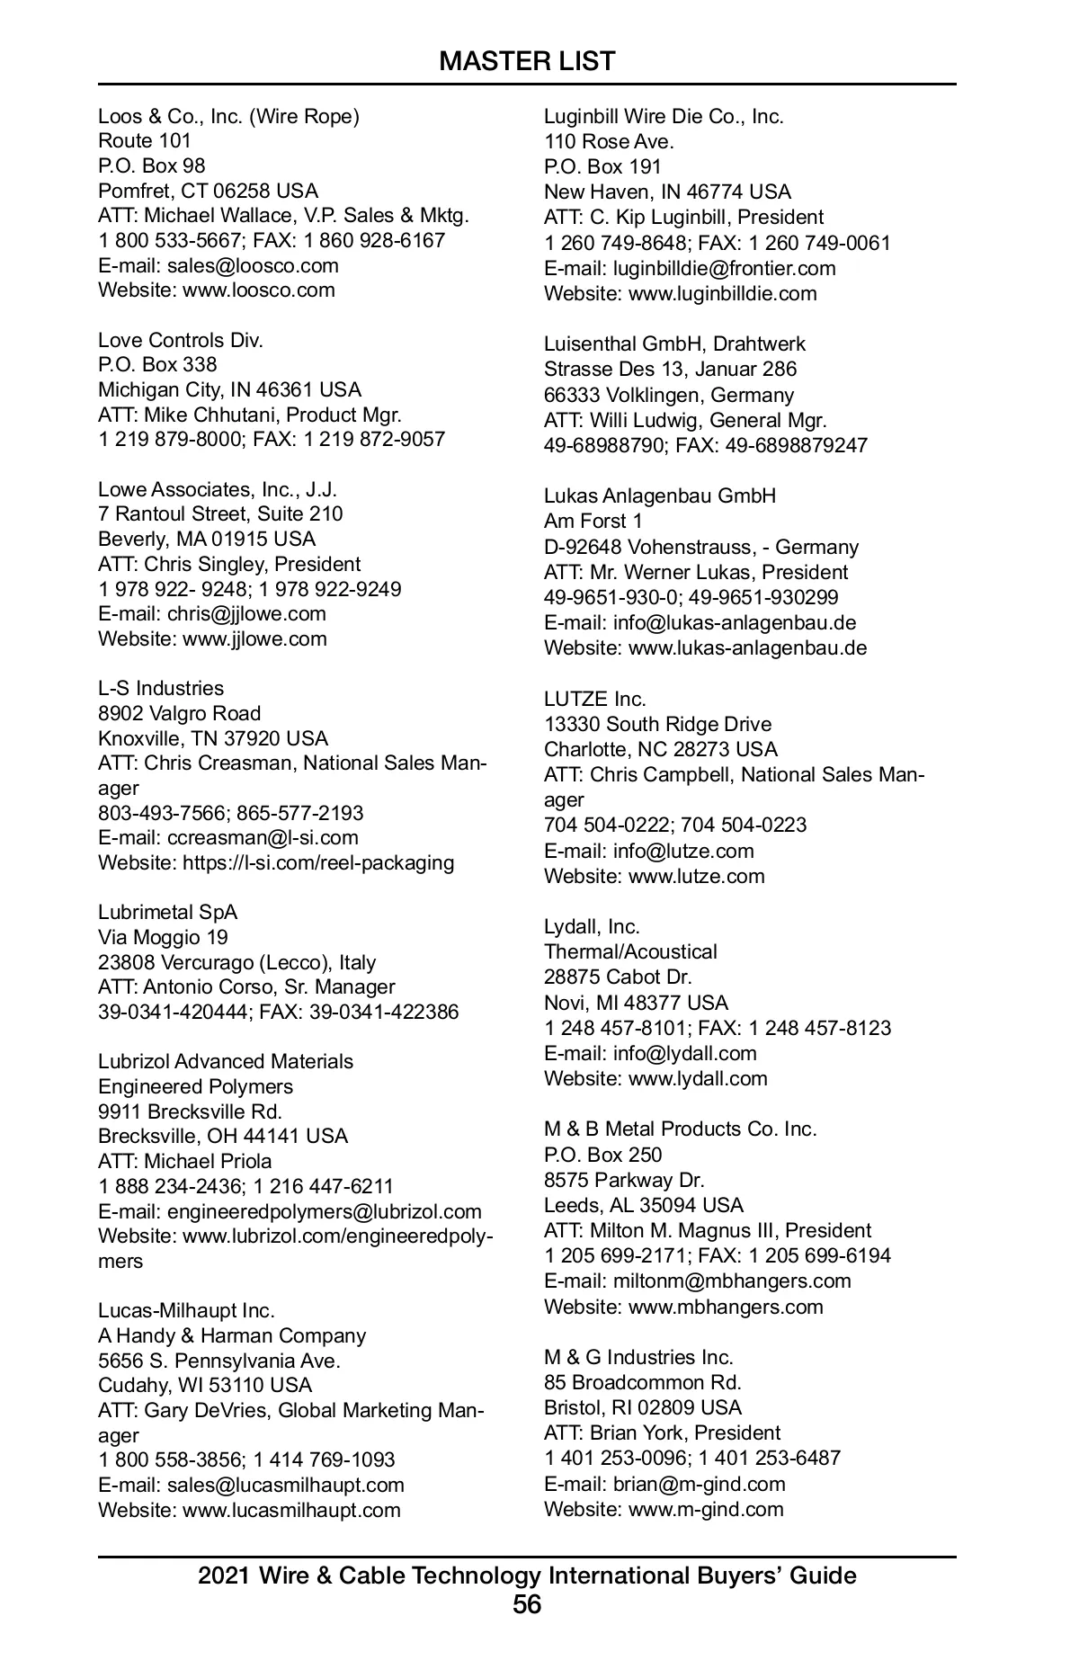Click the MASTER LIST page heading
[527, 61]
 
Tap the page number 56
[527, 1604]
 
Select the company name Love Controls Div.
[181, 340]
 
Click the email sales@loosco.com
[253, 265]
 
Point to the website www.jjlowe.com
[254, 638]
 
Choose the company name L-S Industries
[161, 688]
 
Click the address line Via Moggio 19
[163, 937]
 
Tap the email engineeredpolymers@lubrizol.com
[324, 1211]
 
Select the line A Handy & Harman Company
[232, 1335]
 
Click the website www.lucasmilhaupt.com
[291, 1510]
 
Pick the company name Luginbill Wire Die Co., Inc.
[664, 116]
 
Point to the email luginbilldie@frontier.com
[724, 268]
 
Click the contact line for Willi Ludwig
[685, 420]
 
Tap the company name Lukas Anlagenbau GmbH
[660, 495]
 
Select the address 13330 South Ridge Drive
[657, 724]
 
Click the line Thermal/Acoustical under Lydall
[630, 951]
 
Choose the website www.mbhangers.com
[726, 1307]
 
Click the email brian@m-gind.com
[699, 1484]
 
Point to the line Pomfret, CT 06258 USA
[208, 191]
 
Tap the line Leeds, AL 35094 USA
[644, 1205]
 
